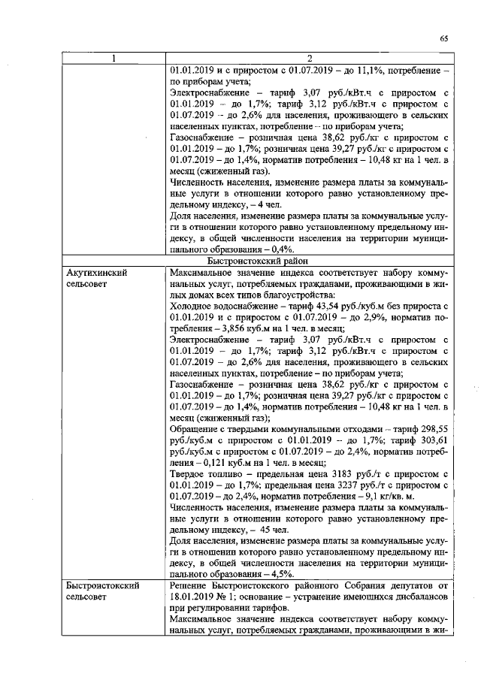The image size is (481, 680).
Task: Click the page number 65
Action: click(x=445, y=39)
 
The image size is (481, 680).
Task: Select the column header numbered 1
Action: click(x=113, y=59)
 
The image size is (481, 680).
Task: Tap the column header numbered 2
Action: click(x=310, y=59)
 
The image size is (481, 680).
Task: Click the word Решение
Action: click(x=192, y=585)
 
